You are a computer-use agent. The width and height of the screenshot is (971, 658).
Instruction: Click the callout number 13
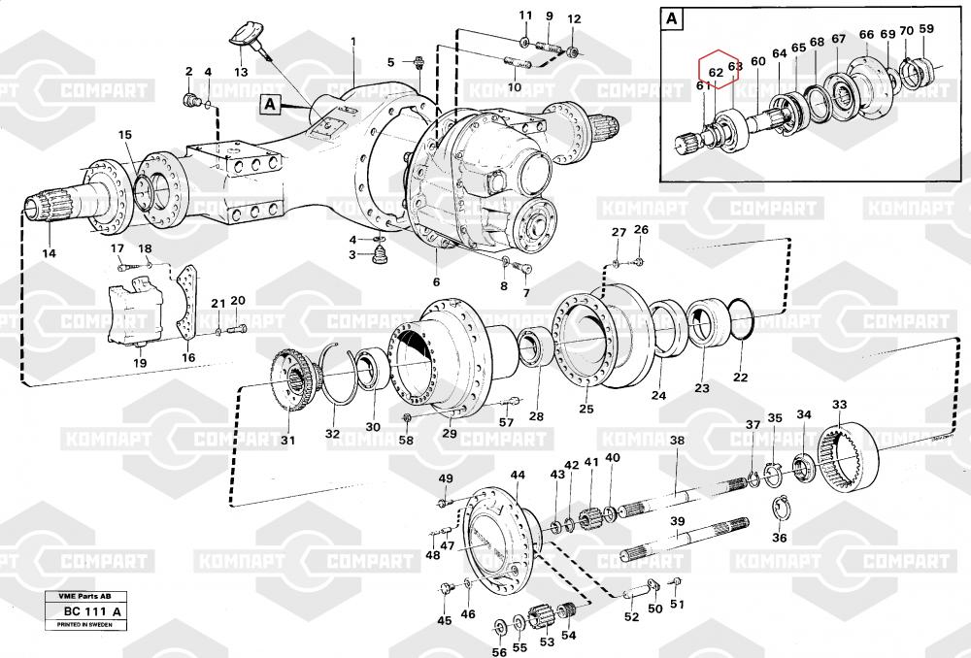(241, 71)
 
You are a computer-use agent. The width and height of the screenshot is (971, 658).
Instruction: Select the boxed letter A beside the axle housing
(270, 101)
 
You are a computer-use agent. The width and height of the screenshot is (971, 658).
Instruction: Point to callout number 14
(49, 253)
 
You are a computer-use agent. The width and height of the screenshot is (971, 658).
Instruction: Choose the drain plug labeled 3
(381, 257)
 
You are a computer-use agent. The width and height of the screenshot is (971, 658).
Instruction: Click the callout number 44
(518, 475)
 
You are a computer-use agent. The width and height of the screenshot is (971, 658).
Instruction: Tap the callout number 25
(586, 409)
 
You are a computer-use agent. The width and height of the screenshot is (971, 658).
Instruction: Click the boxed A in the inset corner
(672, 18)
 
